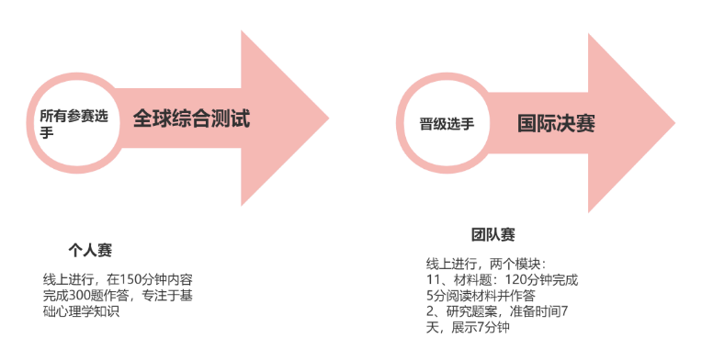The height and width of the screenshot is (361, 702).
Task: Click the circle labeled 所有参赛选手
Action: (x=74, y=125)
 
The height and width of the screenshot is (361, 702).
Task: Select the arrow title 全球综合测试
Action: (x=191, y=118)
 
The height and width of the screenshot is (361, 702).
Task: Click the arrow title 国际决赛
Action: (x=555, y=122)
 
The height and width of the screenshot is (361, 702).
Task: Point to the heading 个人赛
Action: (x=89, y=250)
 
